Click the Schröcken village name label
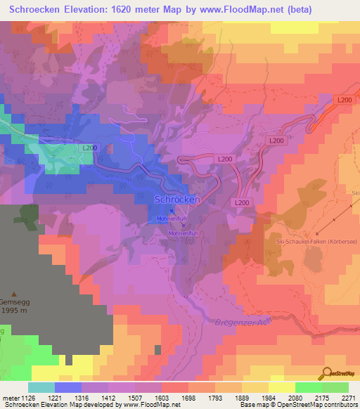(x=177, y=200)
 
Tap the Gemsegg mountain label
(x=15, y=303)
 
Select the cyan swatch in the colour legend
(x=41, y=387)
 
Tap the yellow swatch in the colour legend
(x=282, y=387)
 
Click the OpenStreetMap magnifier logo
(x=326, y=373)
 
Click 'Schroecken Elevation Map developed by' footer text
(x=51, y=405)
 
